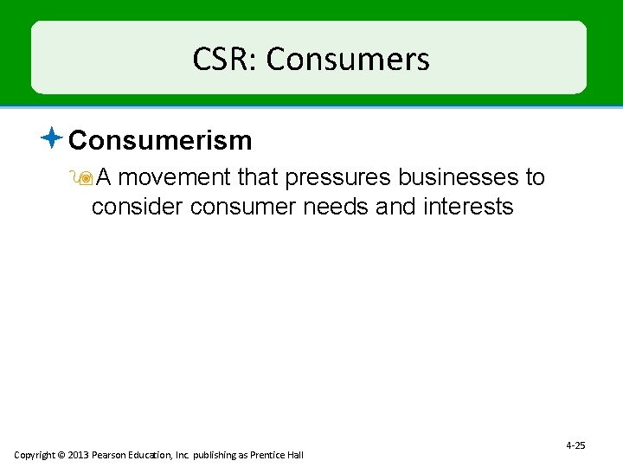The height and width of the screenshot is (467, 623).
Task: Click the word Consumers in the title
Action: pyautogui.click(x=348, y=60)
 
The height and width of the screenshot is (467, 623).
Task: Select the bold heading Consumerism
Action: pyautogui.click(x=160, y=140)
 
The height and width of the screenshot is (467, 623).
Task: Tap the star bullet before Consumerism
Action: pyautogui.click(x=52, y=137)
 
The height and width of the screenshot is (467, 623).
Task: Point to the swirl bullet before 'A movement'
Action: pyautogui.click(x=84, y=177)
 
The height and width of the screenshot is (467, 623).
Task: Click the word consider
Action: pyautogui.click(x=138, y=208)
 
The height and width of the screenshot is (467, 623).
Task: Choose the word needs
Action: pyautogui.click(x=332, y=208)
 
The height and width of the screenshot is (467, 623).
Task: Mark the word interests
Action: pyautogui.click(x=468, y=208)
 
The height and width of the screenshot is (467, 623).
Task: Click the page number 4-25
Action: pyautogui.click(x=575, y=445)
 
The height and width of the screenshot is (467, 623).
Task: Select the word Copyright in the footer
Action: pyautogui.click(x=34, y=455)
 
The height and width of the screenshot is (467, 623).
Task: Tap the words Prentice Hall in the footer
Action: pyautogui.click(x=279, y=455)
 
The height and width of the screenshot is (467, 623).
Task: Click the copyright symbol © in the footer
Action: pyautogui.click(x=61, y=455)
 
